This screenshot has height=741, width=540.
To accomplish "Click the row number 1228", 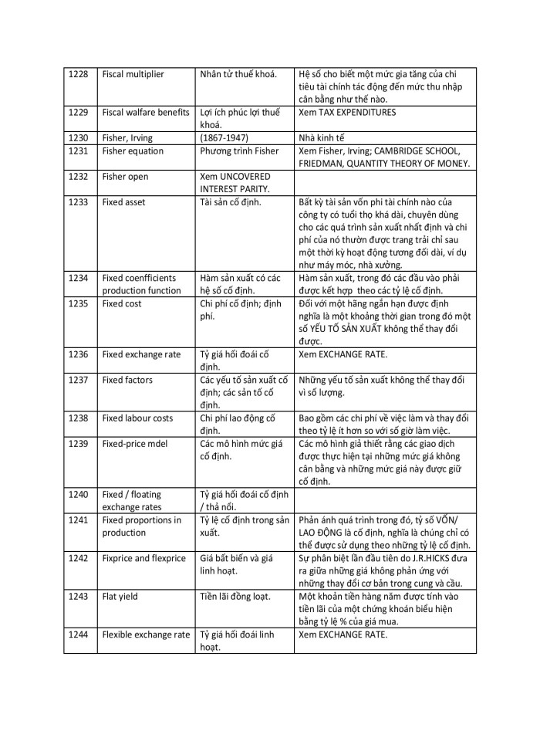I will pos(78,74).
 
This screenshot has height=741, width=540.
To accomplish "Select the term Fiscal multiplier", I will pos(133,74).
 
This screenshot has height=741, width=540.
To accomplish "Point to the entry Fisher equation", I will pos(133,151).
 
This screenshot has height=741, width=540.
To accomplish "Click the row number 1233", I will pos(78,202).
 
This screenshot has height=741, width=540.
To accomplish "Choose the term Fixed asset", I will pos(123,202).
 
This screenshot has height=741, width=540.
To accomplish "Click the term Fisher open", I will pos(125,177).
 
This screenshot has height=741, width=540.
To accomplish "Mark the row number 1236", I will pos(78,354).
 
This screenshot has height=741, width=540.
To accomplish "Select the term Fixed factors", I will pos(127,380).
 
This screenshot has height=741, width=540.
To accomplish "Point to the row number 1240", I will pos(78,494).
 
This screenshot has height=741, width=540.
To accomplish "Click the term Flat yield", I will pos(120,596).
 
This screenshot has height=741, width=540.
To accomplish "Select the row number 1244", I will pos(78,634).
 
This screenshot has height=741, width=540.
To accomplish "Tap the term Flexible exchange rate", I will pos(146,634).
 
